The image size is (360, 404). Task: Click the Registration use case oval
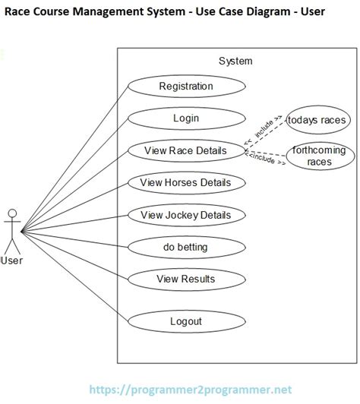(x=185, y=86)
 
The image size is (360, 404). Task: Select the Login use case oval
(x=185, y=118)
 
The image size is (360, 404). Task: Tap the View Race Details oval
(x=185, y=150)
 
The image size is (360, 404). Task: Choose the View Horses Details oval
(x=185, y=182)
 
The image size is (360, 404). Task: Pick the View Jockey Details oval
(x=185, y=215)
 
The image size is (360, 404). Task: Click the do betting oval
(x=185, y=247)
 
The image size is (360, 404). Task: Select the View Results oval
(x=185, y=279)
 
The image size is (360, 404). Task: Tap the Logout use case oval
(x=185, y=321)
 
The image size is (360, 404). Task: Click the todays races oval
(x=317, y=120)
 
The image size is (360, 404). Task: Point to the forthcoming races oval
(x=321, y=156)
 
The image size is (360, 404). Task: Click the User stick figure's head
(x=11, y=213)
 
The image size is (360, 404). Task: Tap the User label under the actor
(x=12, y=261)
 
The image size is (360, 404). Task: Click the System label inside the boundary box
(x=235, y=61)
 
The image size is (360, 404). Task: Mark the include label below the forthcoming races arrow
(x=263, y=160)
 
